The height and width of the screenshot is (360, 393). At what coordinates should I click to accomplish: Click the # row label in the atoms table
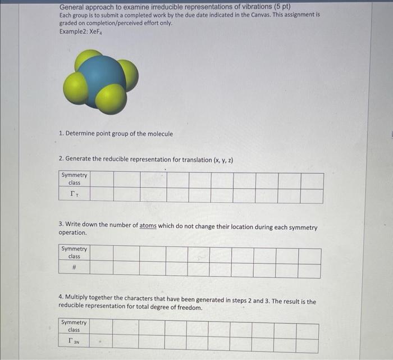point(74,269)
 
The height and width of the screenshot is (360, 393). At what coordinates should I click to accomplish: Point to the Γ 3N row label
point(74,341)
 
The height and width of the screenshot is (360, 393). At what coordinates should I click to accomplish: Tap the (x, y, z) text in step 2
point(223,160)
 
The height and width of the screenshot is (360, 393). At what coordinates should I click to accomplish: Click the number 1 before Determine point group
point(61,134)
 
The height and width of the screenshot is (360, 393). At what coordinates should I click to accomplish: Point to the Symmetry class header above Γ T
point(74,179)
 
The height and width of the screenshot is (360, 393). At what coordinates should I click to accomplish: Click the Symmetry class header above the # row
point(74,253)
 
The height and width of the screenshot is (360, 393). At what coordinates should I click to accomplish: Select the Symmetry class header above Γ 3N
point(74,326)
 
